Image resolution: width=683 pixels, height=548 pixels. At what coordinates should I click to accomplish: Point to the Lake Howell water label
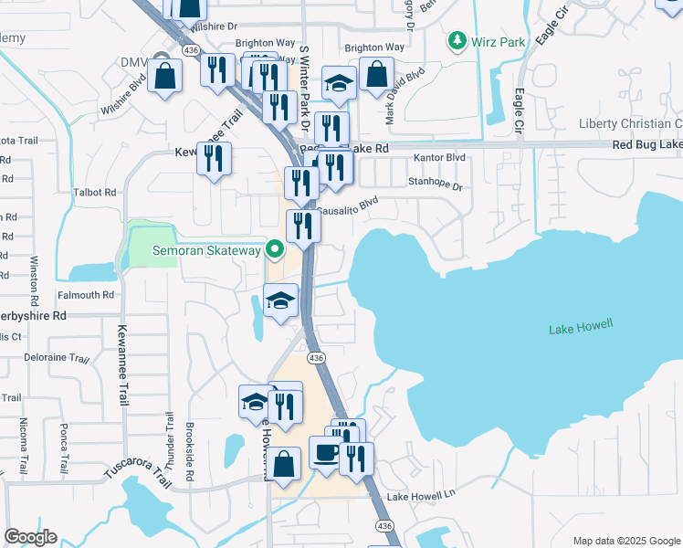coord(581,326)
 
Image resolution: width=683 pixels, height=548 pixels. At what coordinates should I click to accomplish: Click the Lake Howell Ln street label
coord(420,496)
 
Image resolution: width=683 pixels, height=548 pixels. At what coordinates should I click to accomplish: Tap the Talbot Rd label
coord(96,193)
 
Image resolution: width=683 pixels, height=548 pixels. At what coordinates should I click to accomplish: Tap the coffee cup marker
coord(326,452)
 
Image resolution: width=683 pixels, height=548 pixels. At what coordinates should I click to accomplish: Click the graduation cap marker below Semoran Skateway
coord(281,300)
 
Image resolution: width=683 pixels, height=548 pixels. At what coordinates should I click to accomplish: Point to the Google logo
coord(31,537)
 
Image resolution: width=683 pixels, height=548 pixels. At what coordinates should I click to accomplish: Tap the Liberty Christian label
coord(630,124)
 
